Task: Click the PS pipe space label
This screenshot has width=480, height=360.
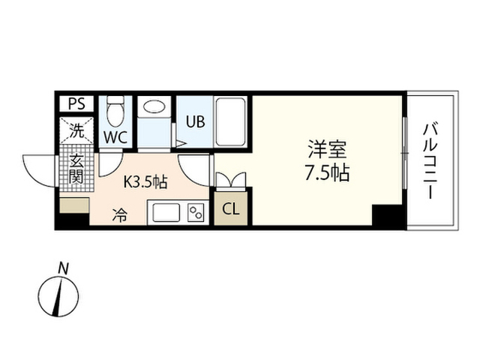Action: coord(76,103)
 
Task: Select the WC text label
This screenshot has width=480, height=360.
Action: coord(115,137)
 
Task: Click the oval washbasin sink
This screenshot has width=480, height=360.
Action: coord(154,106)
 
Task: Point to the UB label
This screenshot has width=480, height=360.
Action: coord(195,121)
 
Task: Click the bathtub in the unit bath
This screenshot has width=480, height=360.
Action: coord(231,121)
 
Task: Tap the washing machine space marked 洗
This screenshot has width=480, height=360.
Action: coord(76,130)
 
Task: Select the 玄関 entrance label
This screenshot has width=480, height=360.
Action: coord(76,169)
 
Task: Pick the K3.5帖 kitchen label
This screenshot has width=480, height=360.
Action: coord(145,182)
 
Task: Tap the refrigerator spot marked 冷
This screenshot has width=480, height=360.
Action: coord(119,215)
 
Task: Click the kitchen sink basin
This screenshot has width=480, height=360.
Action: coord(166,212)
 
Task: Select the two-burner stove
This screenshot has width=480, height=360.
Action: coord(196,212)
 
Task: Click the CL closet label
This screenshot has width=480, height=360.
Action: coord(230,209)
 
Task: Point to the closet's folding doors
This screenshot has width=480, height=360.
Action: coord(231,180)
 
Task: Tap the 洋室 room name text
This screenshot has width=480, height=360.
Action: coord(327,149)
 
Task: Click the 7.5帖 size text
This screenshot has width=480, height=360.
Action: coord(327,173)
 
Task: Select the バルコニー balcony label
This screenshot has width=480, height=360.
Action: coord(430,160)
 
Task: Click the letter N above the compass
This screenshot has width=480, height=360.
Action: coord(63,268)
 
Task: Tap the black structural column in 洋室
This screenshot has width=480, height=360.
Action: coord(387,215)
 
